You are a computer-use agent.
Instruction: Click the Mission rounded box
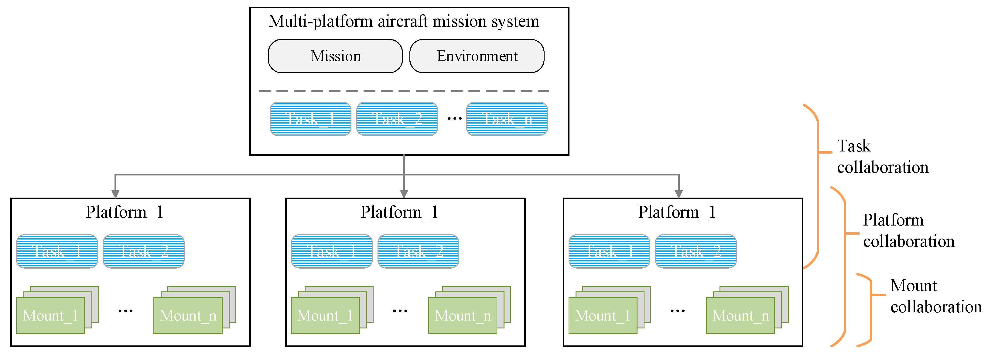pos(335,56)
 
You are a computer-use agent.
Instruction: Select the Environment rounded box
pos(477,56)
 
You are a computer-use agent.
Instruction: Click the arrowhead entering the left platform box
pos(115,194)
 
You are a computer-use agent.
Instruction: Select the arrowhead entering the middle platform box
pos(404,194)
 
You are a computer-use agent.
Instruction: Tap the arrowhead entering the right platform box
pos(679,194)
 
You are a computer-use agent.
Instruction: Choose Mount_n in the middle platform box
pos(463,315)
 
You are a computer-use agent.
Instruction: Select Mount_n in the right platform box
pos(740,315)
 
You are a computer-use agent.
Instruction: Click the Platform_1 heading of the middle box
pos(399,212)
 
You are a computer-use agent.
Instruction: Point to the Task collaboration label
pos(882,156)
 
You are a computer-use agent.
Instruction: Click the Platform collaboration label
pos(908,230)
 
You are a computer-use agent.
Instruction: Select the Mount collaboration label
pos(935,296)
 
